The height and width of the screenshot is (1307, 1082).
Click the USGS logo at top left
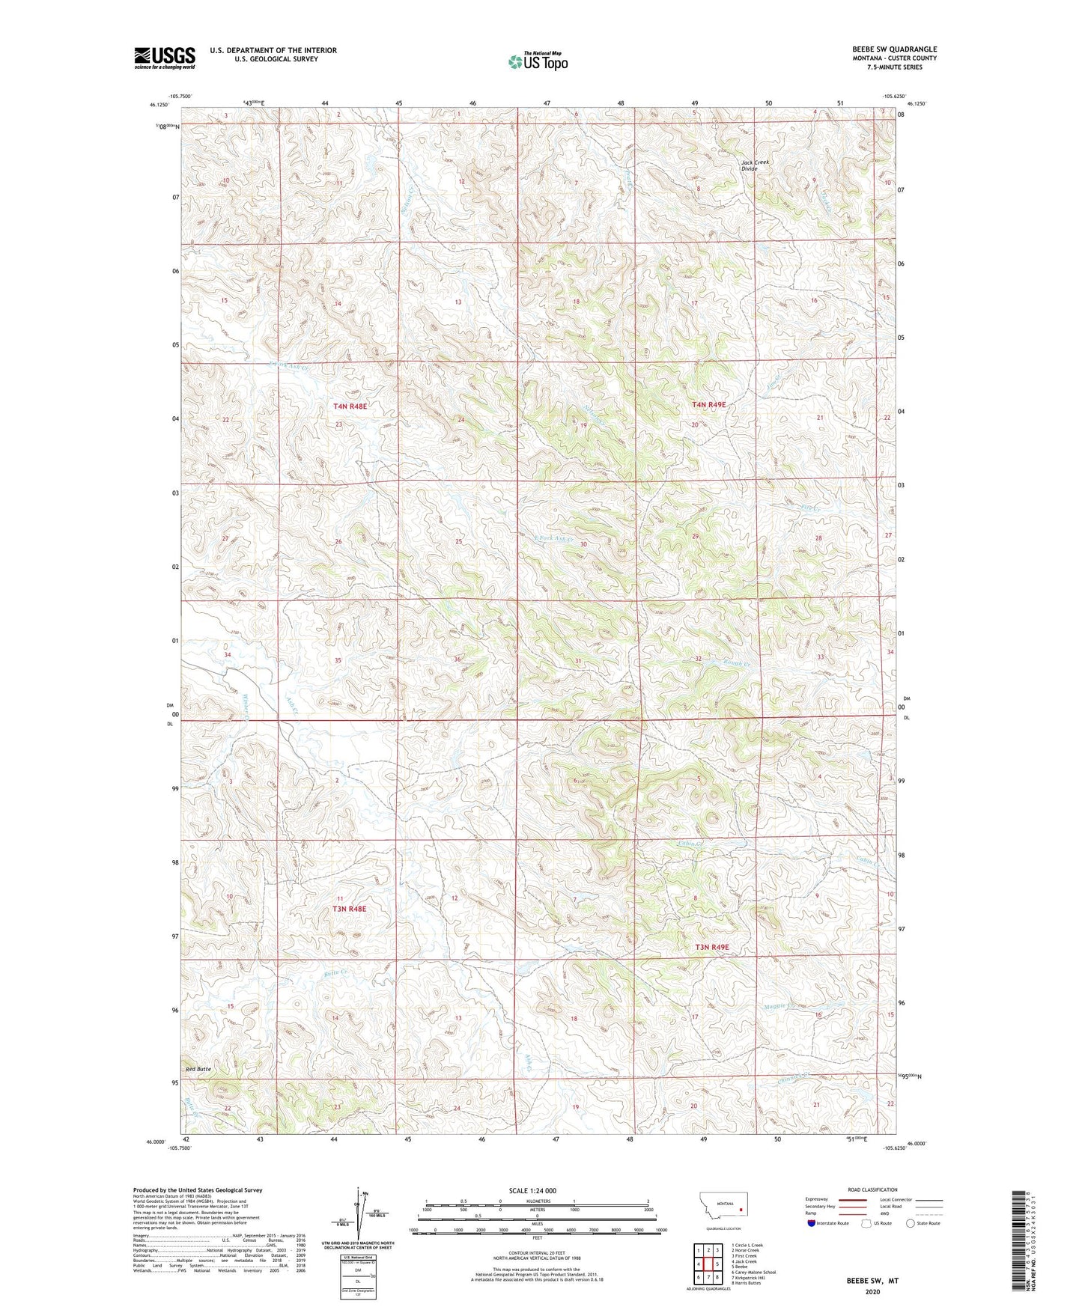point(165,58)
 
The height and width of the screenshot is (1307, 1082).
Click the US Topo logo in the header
point(537,61)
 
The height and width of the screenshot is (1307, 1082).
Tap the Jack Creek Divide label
point(755,165)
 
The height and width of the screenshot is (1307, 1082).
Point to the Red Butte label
point(198,1069)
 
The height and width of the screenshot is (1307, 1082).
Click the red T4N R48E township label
point(350,406)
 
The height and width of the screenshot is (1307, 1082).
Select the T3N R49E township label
point(711,947)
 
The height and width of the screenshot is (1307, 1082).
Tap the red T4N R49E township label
point(708,405)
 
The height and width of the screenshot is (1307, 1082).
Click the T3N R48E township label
point(350,909)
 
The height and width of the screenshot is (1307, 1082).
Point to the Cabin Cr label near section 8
point(692,844)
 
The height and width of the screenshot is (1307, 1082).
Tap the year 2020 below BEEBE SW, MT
point(872,1291)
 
